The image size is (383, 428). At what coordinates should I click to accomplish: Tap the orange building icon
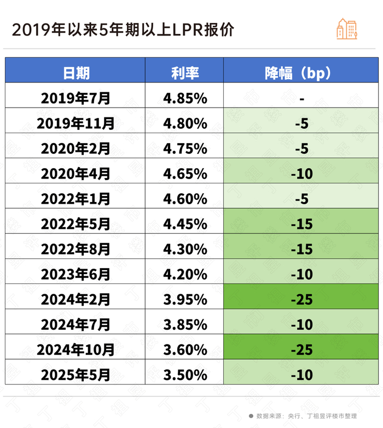click(x=347, y=28)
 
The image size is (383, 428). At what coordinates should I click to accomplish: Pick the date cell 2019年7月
click(x=76, y=98)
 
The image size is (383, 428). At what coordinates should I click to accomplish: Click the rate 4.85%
click(x=185, y=98)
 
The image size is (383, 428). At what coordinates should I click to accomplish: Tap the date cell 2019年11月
click(x=76, y=123)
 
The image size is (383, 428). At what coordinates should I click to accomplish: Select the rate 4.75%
click(x=185, y=148)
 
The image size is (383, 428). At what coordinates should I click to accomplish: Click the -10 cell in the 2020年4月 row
click(x=301, y=174)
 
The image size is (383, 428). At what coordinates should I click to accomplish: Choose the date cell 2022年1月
click(x=76, y=199)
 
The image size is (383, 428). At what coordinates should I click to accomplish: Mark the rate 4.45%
click(x=185, y=224)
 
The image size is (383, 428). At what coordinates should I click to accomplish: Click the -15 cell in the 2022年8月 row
click(x=301, y=249)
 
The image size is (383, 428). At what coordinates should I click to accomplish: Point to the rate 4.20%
click(x=185, y=274)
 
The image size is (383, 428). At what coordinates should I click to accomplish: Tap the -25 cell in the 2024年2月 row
click(x=301, y=299)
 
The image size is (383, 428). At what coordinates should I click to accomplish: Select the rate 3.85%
click(x=185, y=324)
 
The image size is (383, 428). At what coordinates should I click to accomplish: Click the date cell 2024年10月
click(x=76, y=349)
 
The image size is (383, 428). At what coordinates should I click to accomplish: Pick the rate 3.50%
click(x=185, y=375)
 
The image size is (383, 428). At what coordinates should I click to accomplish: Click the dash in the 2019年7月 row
click(x=301, y=98)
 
